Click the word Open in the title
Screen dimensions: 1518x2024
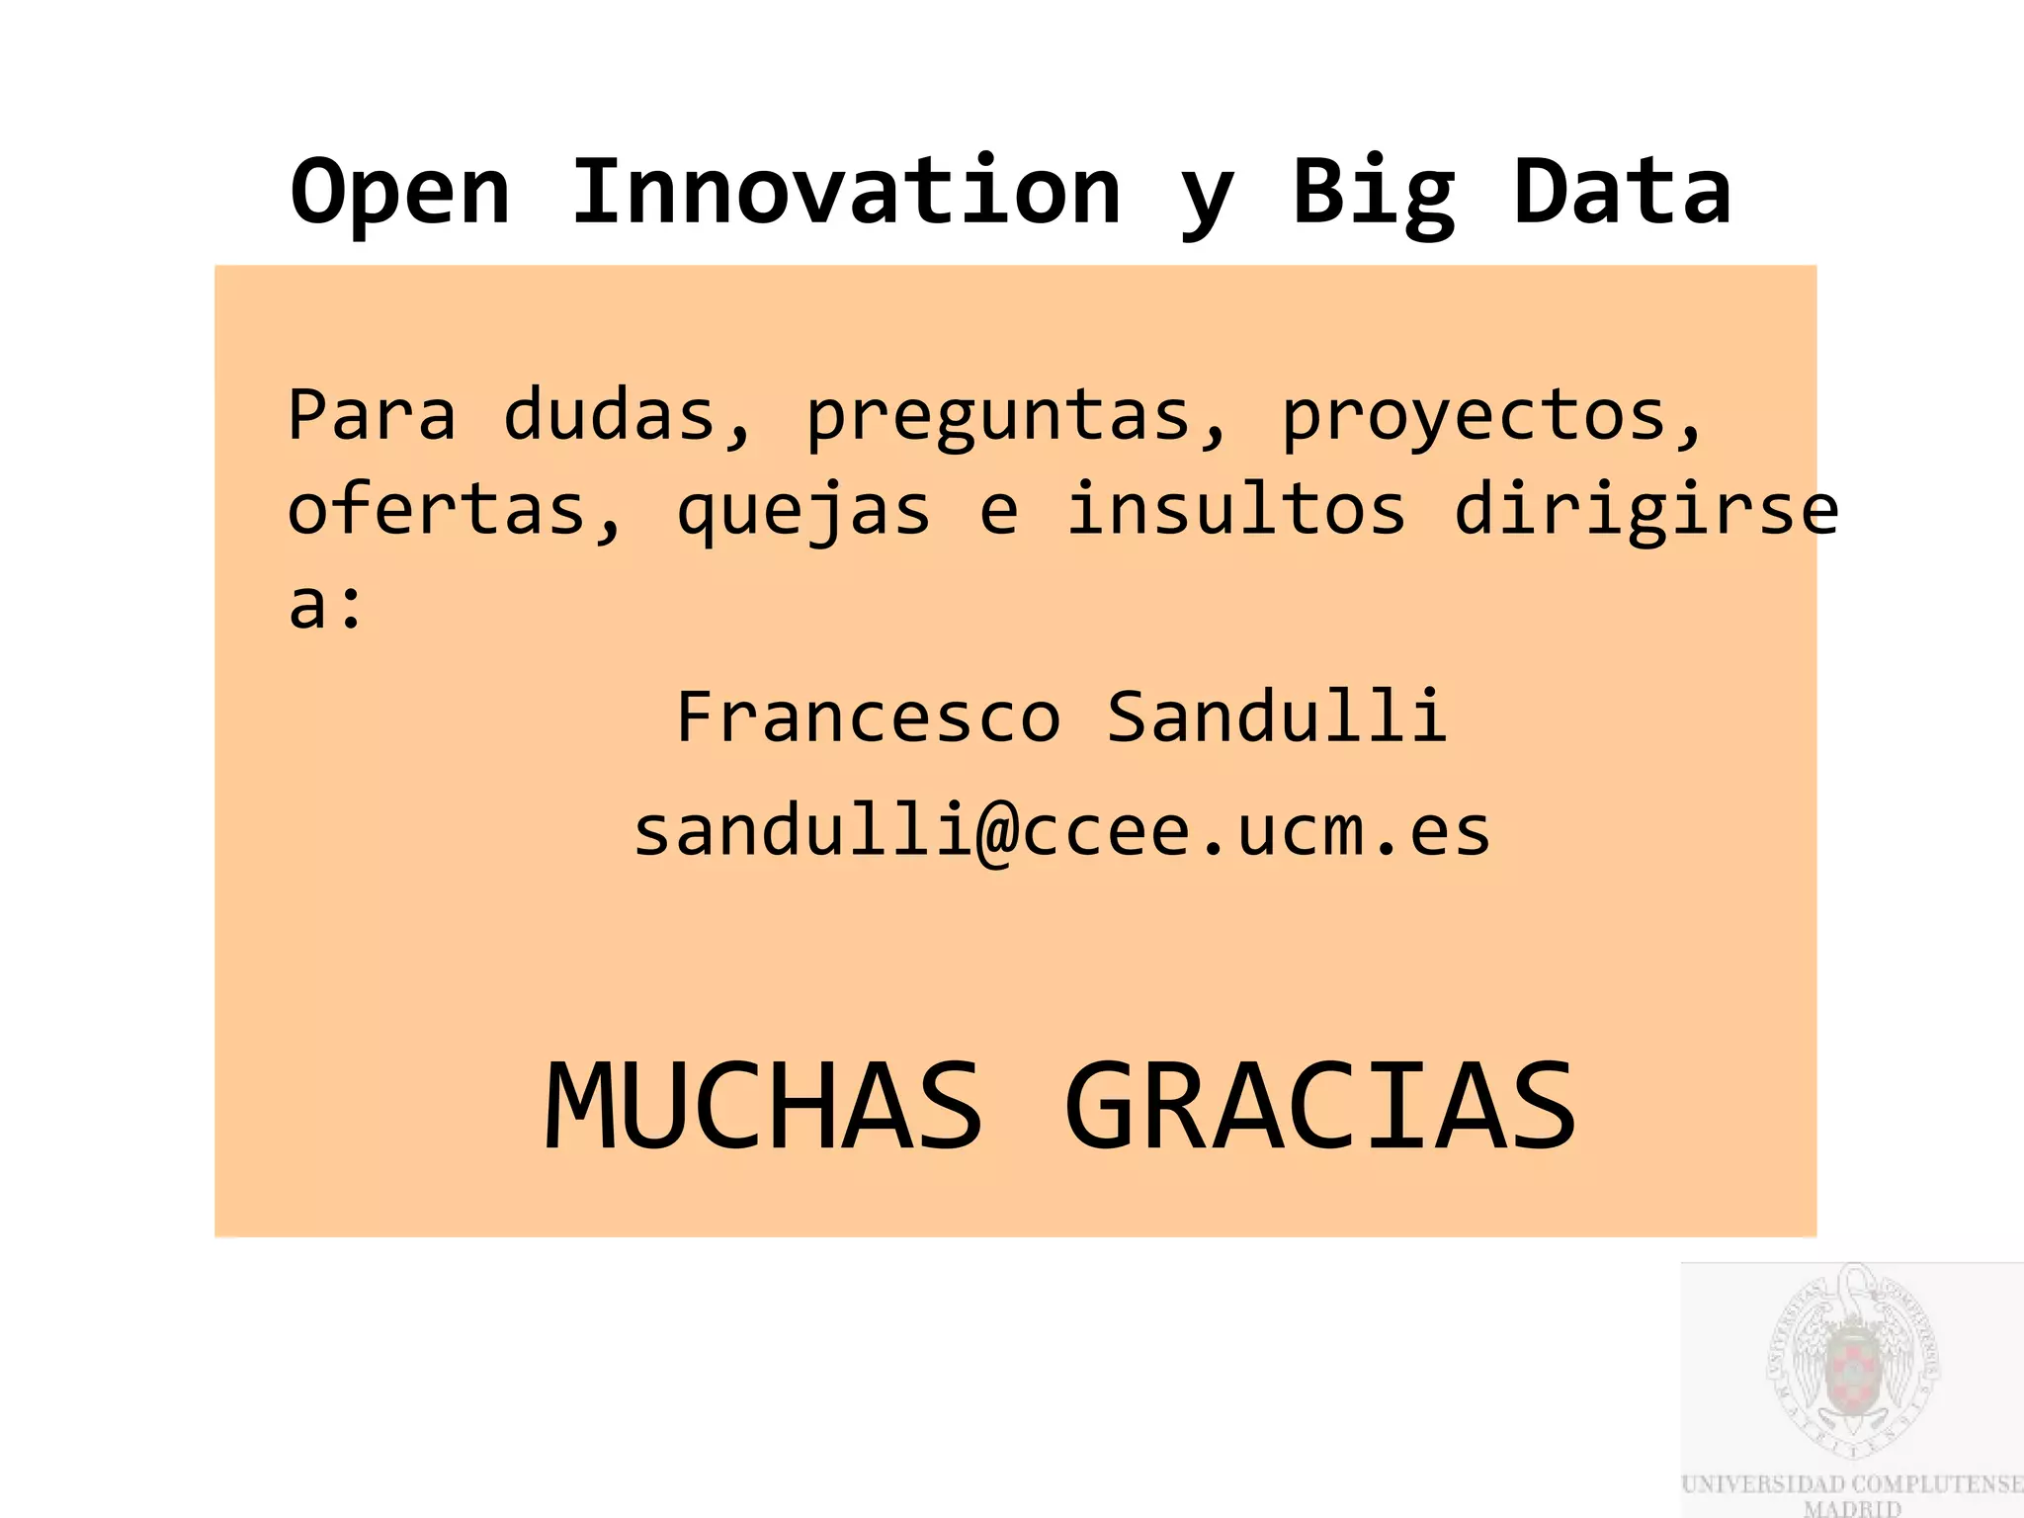400,193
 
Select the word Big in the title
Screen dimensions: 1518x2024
1374,193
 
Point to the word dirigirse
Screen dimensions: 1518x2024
1645,511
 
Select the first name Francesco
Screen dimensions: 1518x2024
869,717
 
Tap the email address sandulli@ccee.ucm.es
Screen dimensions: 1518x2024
1061,831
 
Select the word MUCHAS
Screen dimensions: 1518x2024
764,1106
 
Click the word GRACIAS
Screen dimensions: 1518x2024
1320,1106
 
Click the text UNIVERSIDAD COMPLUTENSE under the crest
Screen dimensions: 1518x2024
1852,1484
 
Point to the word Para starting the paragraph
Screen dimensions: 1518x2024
372,415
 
